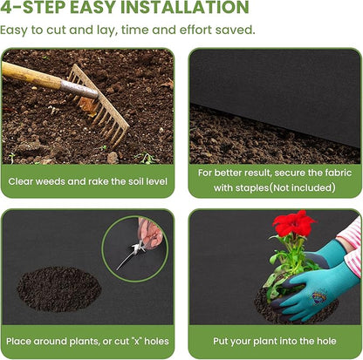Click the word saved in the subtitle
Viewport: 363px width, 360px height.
[236, 30]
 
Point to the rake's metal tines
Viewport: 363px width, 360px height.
[103, 109]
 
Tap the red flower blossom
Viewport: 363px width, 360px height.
[294, 224]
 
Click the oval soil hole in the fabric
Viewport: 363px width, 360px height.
[58, 289]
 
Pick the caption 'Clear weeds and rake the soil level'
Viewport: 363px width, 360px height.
[87, 182]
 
